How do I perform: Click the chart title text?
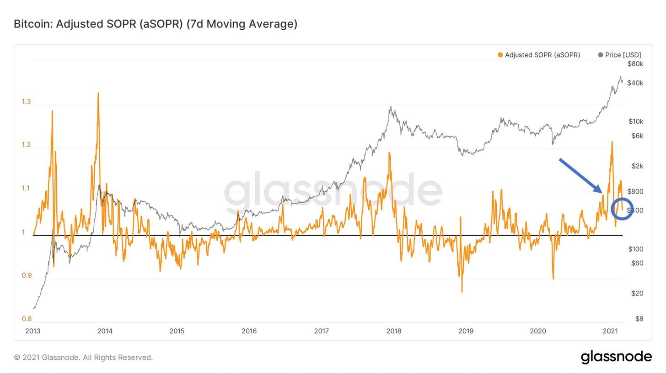click(156, 24)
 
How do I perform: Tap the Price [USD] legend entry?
click(619, 55)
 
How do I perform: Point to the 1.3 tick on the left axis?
click(26, 101)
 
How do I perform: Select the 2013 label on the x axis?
click(33, 331)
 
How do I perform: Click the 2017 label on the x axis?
click(322, 331)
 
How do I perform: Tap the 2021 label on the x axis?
click(610, 331)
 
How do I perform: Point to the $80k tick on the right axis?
click(635, 64)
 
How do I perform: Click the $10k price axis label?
click(635, 121)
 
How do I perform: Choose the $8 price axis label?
click(639, 319)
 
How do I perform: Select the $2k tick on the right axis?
click(637, 166)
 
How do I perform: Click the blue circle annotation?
click(622, 209)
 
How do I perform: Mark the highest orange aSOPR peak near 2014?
click(98, 94)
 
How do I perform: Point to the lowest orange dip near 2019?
click(462, 291)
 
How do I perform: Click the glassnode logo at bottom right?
click(616, 357)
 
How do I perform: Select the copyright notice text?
click(83, 358)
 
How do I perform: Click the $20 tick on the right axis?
click(637, 293)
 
